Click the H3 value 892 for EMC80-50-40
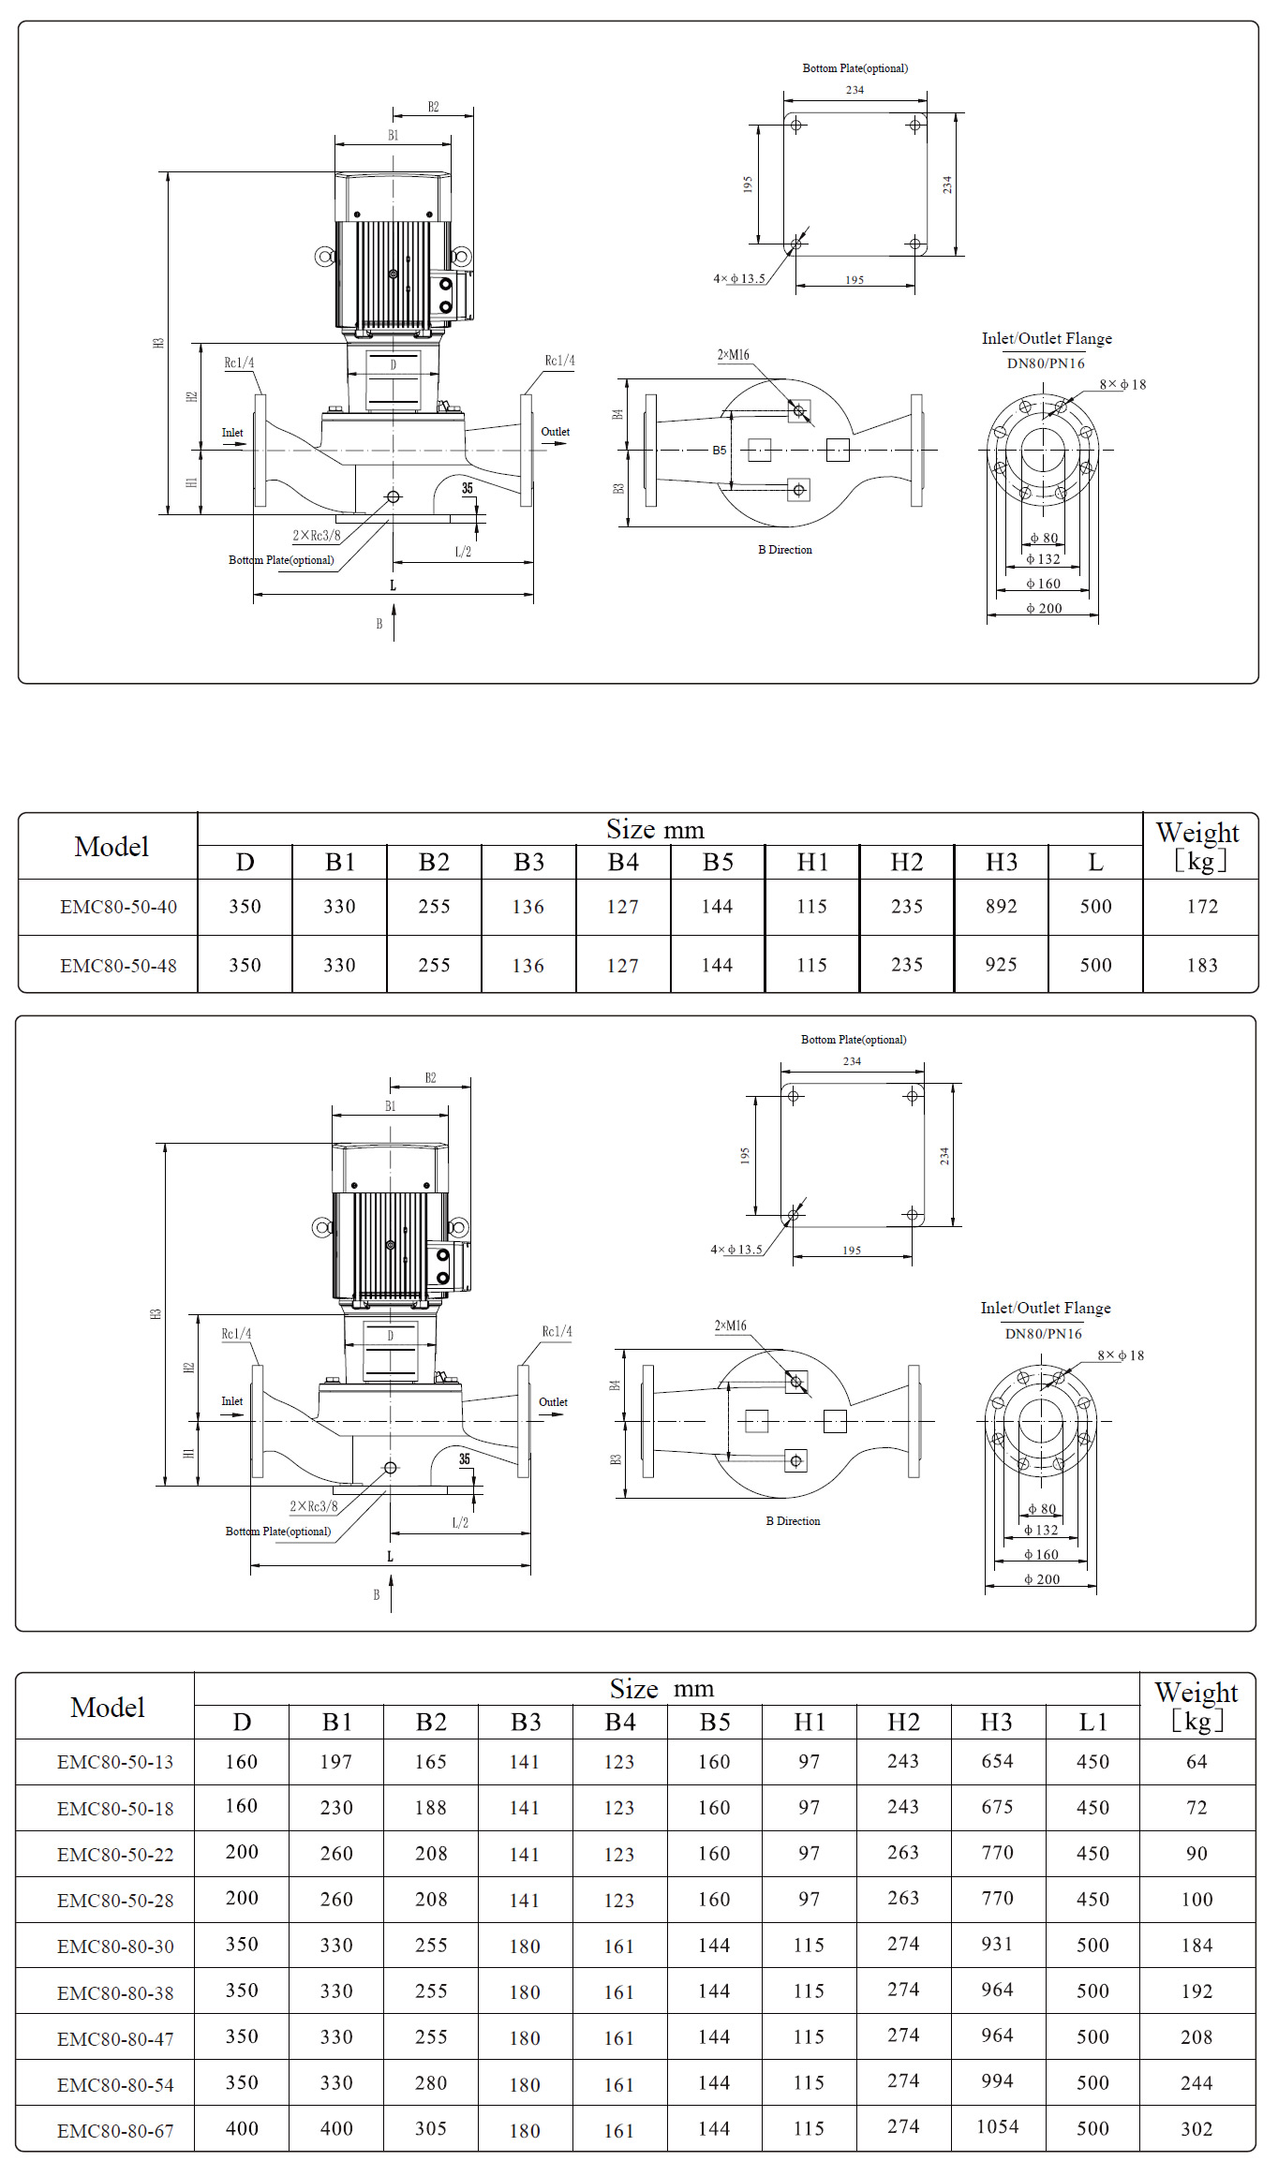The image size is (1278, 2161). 1001,906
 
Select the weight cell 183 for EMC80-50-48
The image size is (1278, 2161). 1201,965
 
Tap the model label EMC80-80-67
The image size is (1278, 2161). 115,2130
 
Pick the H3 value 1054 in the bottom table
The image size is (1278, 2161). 997,2126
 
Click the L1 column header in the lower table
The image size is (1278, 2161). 1092,1722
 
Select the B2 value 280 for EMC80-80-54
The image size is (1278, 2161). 431,2082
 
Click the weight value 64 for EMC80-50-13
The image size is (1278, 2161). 1196,1761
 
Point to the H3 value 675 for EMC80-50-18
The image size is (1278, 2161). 997,1807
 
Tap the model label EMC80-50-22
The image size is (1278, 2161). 115,1854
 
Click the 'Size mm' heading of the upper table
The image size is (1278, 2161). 655,829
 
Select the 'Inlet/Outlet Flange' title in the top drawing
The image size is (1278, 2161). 1047,338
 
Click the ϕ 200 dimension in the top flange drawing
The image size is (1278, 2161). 1044,608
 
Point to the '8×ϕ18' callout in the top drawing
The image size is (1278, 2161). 1122,384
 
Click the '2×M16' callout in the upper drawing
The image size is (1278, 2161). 733,355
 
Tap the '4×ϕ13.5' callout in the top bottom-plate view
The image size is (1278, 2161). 739,278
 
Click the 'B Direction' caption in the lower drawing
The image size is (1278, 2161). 793,1520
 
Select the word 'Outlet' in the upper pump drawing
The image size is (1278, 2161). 555,432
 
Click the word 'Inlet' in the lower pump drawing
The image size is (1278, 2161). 231,1401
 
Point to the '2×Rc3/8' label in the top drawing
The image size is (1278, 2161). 317,536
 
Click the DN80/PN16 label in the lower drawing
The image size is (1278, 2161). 1043,1333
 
